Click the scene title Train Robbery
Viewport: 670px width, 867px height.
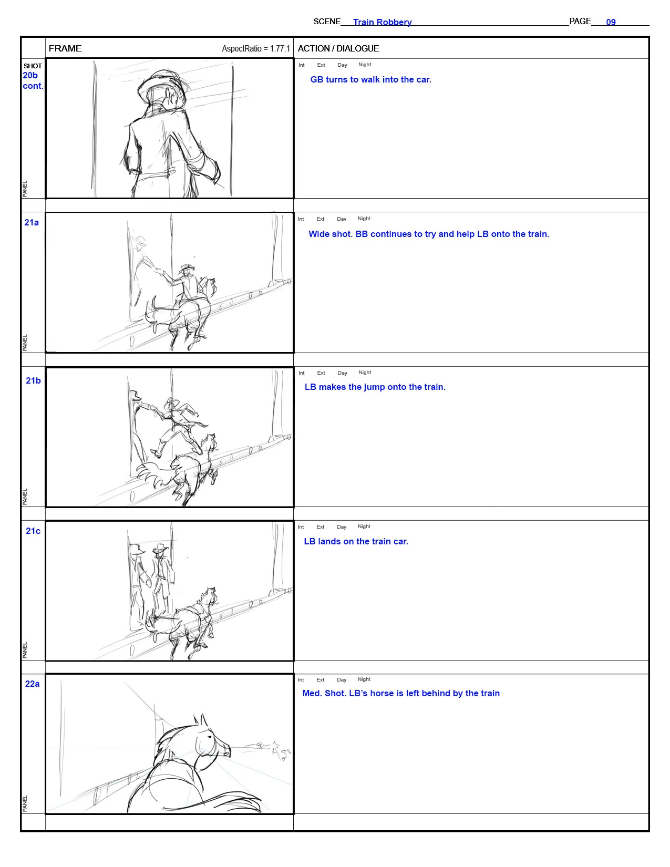[382, 22]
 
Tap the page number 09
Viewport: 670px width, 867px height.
[611, 22]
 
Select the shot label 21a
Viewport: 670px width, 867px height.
[32, 223]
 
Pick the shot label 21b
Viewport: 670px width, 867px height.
[33, 380]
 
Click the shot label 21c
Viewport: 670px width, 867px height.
[33, 531]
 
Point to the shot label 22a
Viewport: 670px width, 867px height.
[33, 684]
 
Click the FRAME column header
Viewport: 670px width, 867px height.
[65, 48]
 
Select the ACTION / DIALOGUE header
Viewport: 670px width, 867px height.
[338, 48]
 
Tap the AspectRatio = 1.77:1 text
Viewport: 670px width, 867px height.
[256, 49]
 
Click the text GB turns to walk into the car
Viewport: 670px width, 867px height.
[370, 79]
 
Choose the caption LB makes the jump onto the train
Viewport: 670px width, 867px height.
[375, 387]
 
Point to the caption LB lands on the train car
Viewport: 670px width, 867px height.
[356, 541]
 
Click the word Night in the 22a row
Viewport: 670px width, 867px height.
[364, 679]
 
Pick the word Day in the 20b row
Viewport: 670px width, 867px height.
[343, 65]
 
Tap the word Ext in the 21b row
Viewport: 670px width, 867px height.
[321, 373]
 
